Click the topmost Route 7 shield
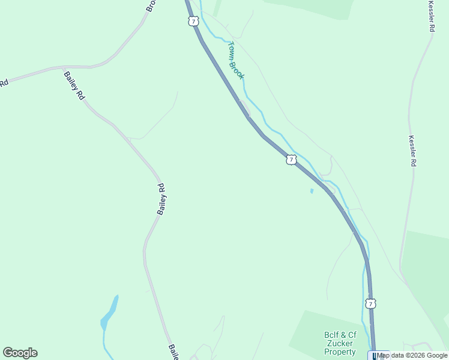click(x=192, y=22)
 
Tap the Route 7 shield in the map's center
click(x=291, y=160)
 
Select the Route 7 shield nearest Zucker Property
click(x=371, y=304)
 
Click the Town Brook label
click(x=236, y=60)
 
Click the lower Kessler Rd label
click(x=412, y=150)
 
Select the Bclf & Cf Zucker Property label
click(x=340, y=343)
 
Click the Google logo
click(x=20, y=353)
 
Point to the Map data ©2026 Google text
click(x=412, y=356)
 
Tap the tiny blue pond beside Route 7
click(x=312, y=191)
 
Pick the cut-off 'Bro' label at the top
click(x=151, y=5)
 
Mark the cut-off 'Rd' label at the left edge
click(x=4, y=83)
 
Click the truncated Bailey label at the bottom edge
click(x=173, y=352)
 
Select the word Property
click(x=340, y=352)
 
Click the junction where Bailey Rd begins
click(x=64, y=68)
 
